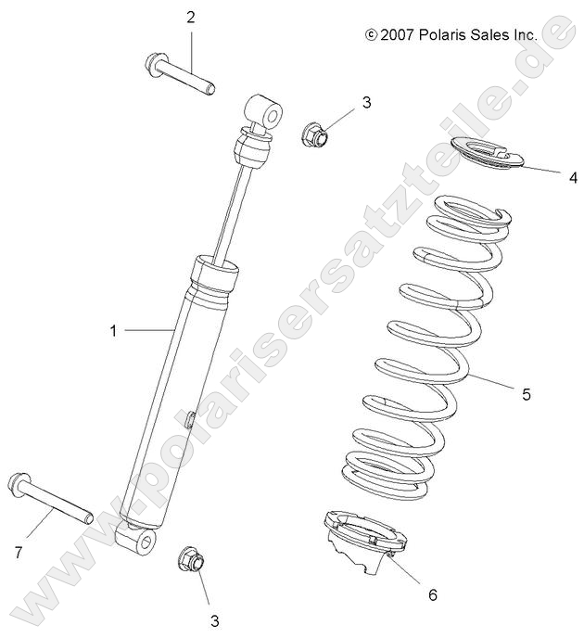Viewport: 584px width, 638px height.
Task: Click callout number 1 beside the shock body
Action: [x=114, y=330]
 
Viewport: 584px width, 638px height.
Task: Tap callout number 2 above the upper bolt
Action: [x=191, y=18]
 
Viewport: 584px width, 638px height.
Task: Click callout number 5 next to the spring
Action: [x=552, y=394]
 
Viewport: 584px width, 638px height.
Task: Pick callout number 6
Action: [x=432, y=594]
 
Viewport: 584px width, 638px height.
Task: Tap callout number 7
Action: [x=18, y=553]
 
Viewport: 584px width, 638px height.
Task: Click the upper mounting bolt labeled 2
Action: [x=180, y=76]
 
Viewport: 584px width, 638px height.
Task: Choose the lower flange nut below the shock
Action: [x=190, y=559]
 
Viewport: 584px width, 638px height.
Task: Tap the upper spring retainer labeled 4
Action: [x=488, y=153]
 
